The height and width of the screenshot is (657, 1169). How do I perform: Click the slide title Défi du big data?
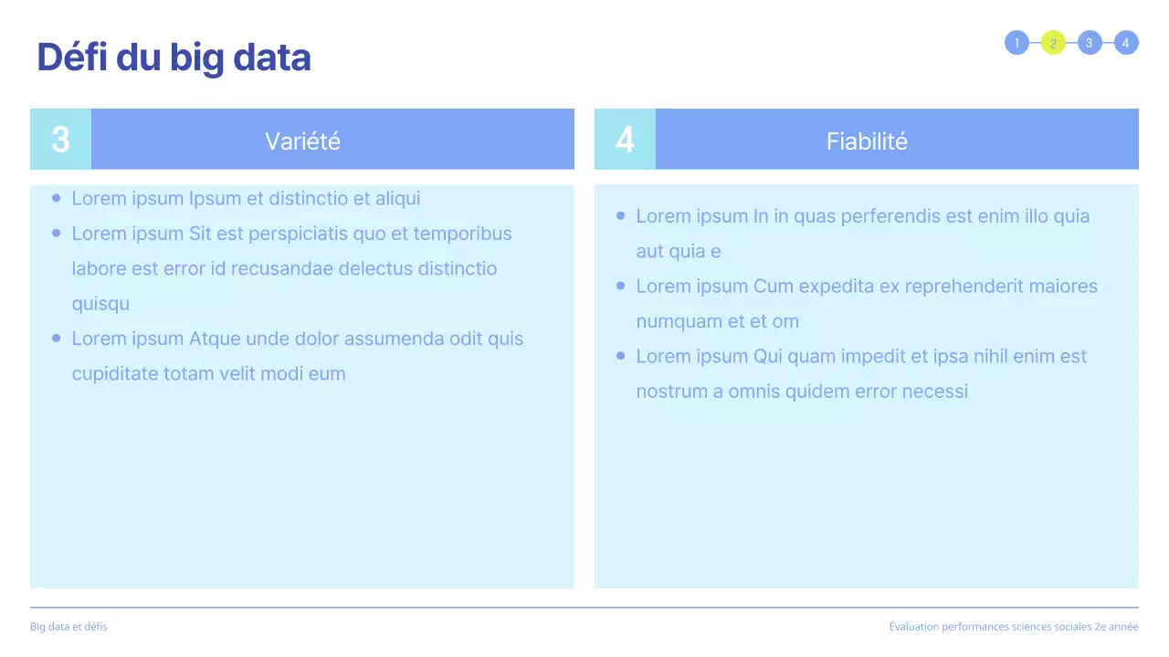174,57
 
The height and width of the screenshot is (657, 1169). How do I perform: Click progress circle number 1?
1016,43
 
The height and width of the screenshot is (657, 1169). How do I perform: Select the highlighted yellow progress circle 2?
1053,43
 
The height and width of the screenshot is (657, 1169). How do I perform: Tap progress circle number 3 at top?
1090,43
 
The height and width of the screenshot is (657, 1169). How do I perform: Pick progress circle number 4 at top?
1126,43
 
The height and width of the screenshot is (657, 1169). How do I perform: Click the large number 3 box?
60,140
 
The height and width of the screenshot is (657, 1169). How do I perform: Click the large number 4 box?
625,140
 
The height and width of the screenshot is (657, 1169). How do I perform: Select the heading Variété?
302,141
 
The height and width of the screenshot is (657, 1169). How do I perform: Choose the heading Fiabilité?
867,141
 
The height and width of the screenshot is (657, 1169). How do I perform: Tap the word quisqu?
100,304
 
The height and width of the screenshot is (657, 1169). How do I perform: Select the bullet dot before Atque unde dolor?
57,339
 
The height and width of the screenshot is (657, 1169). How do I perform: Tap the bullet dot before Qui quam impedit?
621,356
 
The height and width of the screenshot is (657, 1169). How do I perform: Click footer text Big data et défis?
68,627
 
